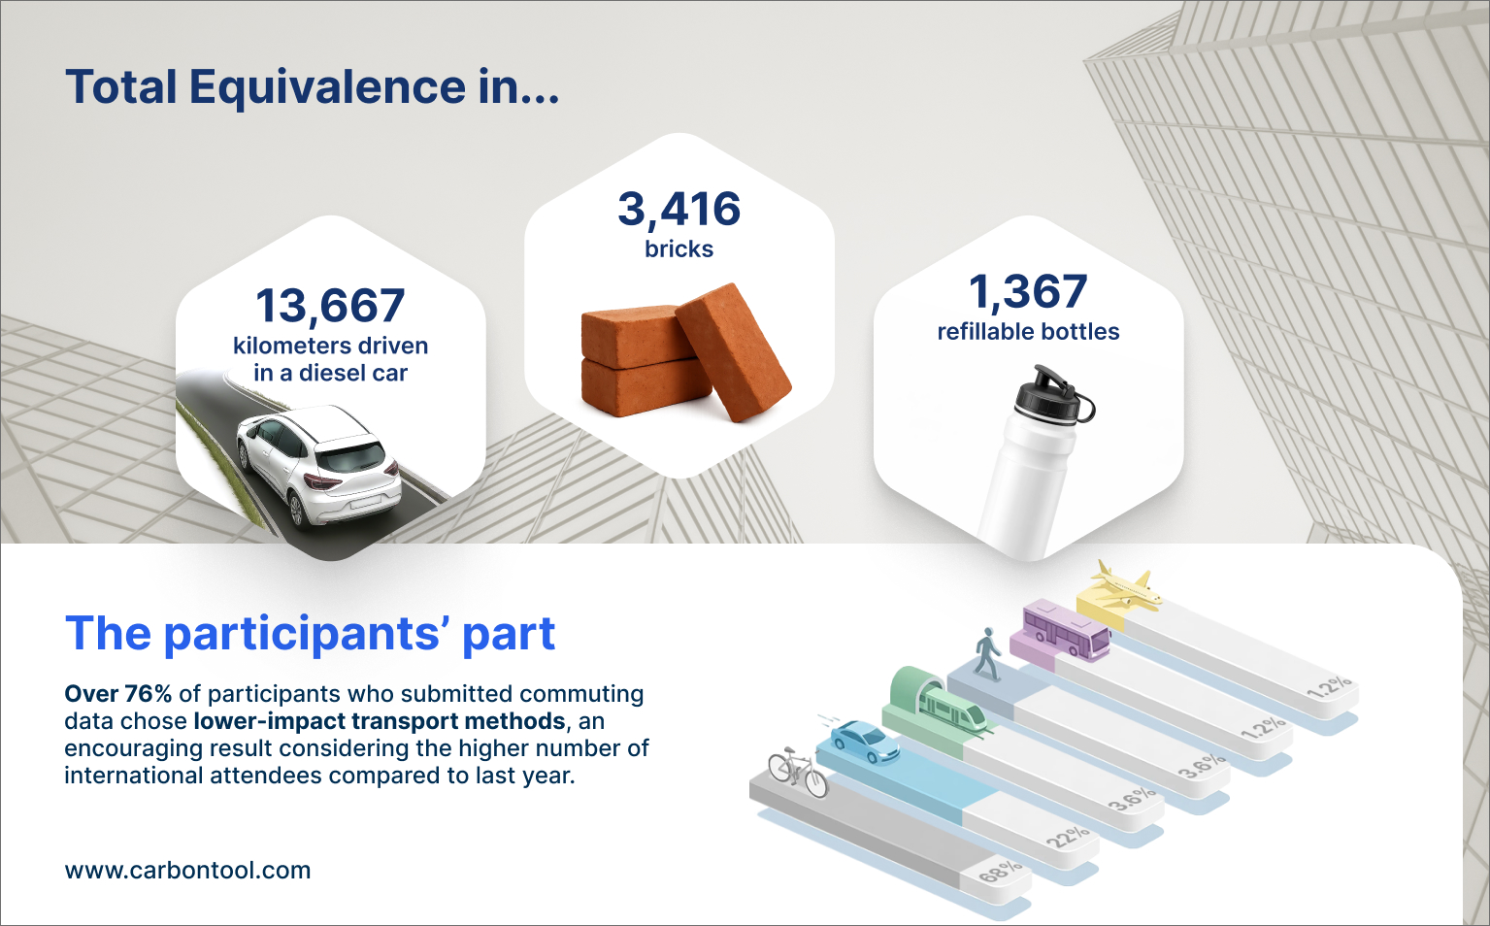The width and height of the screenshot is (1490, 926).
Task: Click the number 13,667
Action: (330, 306)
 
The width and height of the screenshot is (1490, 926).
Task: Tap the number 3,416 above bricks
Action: (679, 210)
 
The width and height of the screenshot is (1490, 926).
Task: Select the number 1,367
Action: (1028, 292)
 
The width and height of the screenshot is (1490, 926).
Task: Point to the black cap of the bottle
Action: (1051, 395)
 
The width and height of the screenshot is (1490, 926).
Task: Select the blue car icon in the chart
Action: (864, 741)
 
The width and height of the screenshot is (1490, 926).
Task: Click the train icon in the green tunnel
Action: (951, 710)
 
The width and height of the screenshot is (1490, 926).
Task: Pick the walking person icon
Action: (988, 654)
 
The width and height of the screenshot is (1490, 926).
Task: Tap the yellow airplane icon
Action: (1124, 585)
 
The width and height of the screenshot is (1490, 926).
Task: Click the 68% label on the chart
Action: (1001, 871)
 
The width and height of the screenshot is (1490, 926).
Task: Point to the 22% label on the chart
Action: (1068, 836)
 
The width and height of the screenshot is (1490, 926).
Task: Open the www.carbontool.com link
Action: (187, 870)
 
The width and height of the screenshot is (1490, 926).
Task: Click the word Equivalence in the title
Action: (327, 87)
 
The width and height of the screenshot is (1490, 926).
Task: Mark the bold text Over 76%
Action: (117, 694)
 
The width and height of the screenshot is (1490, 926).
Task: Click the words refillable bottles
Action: (1028, 331)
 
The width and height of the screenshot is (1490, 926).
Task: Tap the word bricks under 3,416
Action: (679, 248)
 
